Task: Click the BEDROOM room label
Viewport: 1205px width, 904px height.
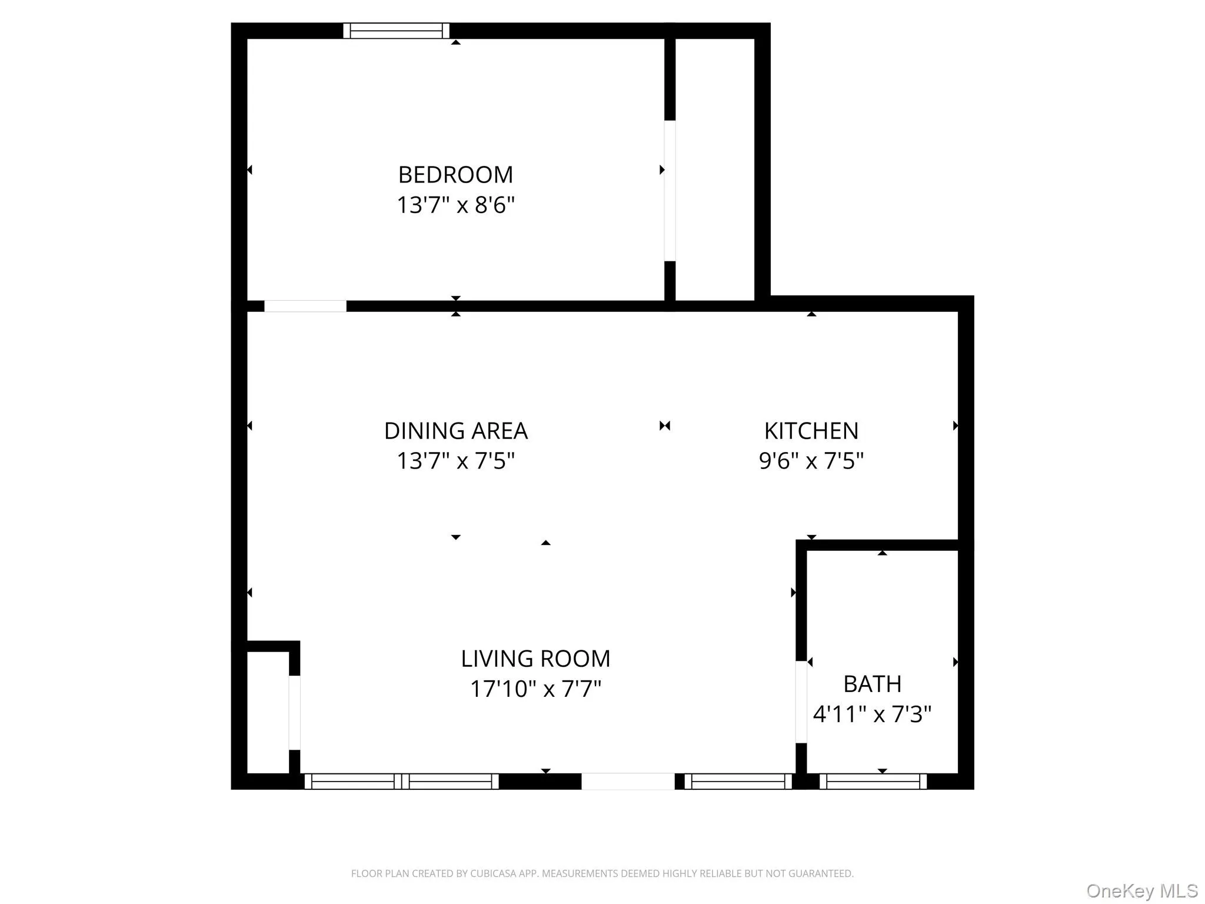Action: (x=455, y=175)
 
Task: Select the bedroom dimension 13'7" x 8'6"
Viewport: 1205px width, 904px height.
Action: (x=455, y=205)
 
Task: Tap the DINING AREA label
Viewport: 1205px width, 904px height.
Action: (x=455, y=431)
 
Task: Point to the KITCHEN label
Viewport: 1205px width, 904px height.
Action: (x=811, y=431)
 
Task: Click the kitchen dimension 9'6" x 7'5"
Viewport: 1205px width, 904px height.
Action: (x=811, y=461)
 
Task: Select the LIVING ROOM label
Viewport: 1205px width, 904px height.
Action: (x=535, y=659)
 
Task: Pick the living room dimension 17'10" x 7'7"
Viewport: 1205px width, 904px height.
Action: (x=535, y=689)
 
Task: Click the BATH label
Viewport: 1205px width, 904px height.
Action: (x=872, y=684)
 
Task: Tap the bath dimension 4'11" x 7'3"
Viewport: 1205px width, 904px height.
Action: (x=872, y=714)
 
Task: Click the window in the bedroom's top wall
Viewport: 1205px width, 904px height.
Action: (x=396, y=31)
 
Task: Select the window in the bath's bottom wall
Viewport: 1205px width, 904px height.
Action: (x=873, y=782)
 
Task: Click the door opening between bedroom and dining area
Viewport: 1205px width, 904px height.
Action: (x=305, y=306)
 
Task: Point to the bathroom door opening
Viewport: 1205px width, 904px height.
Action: (x=801, y=702)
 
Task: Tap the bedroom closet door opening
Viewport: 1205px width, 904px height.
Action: (x=670, y=190)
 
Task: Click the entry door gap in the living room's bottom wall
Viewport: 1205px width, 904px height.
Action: (x=627, y=782)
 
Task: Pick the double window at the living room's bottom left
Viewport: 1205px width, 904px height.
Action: (x=401, y=782)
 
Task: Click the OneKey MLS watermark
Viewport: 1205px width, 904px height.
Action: (x=1141, y=891)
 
